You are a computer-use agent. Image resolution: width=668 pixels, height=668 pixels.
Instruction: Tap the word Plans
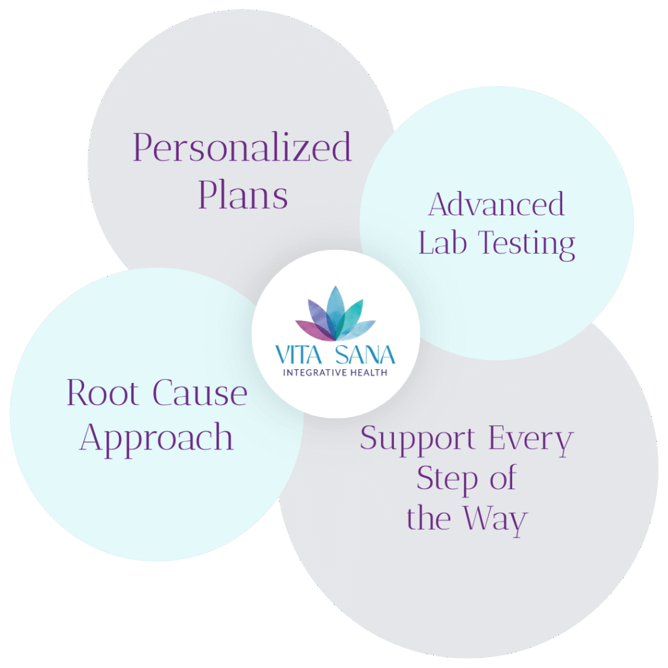click(x=243, y=194)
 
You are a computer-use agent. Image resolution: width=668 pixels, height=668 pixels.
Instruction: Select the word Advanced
click(x=496, y=205)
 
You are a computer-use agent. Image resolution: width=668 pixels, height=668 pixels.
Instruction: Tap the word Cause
click(x=200, y=393)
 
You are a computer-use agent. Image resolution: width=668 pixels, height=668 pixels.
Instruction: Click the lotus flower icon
click(x=335, y=315)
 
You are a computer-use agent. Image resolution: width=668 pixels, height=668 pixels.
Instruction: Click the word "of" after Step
click(x=502, y=479)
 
